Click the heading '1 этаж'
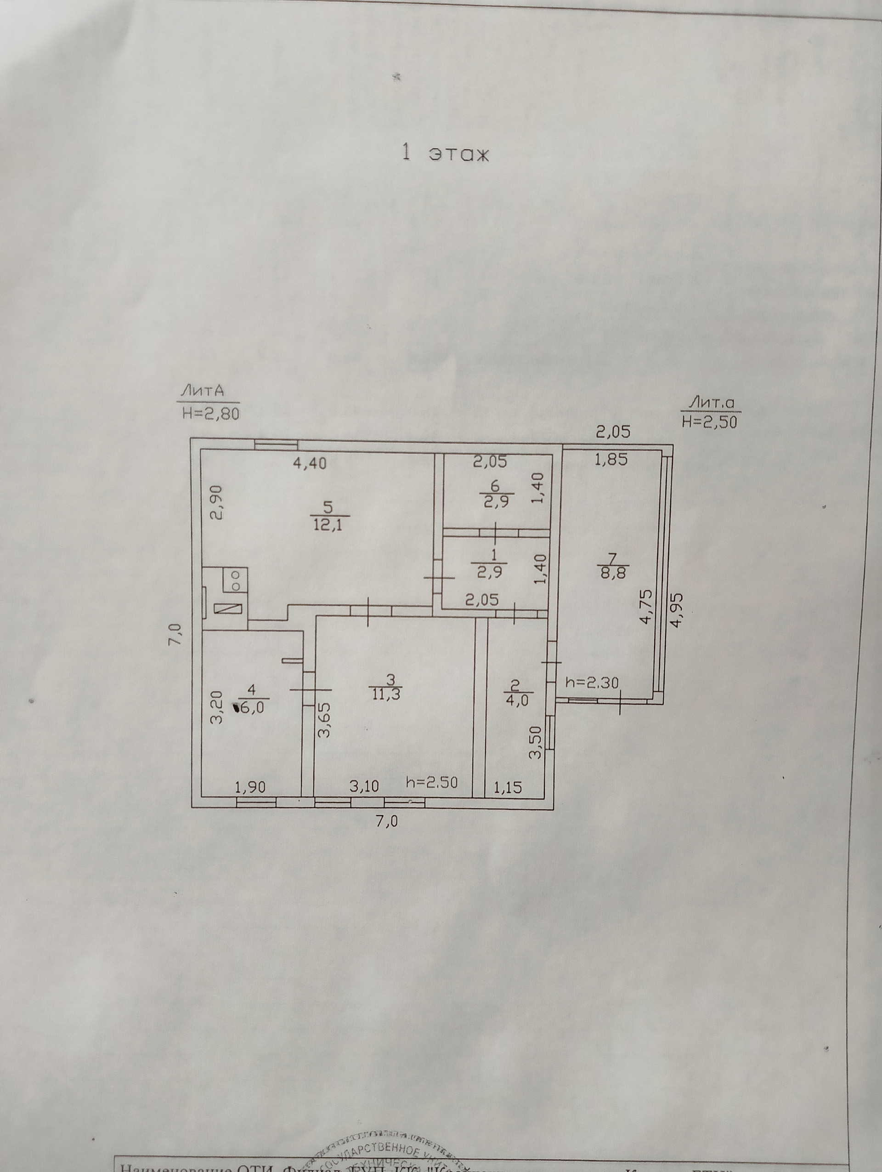pos(445,153)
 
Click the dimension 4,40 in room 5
pos(310,463)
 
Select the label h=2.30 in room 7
pos(591,683)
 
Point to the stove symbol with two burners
pos(236,580)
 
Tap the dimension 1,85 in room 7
pos(611,459)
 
